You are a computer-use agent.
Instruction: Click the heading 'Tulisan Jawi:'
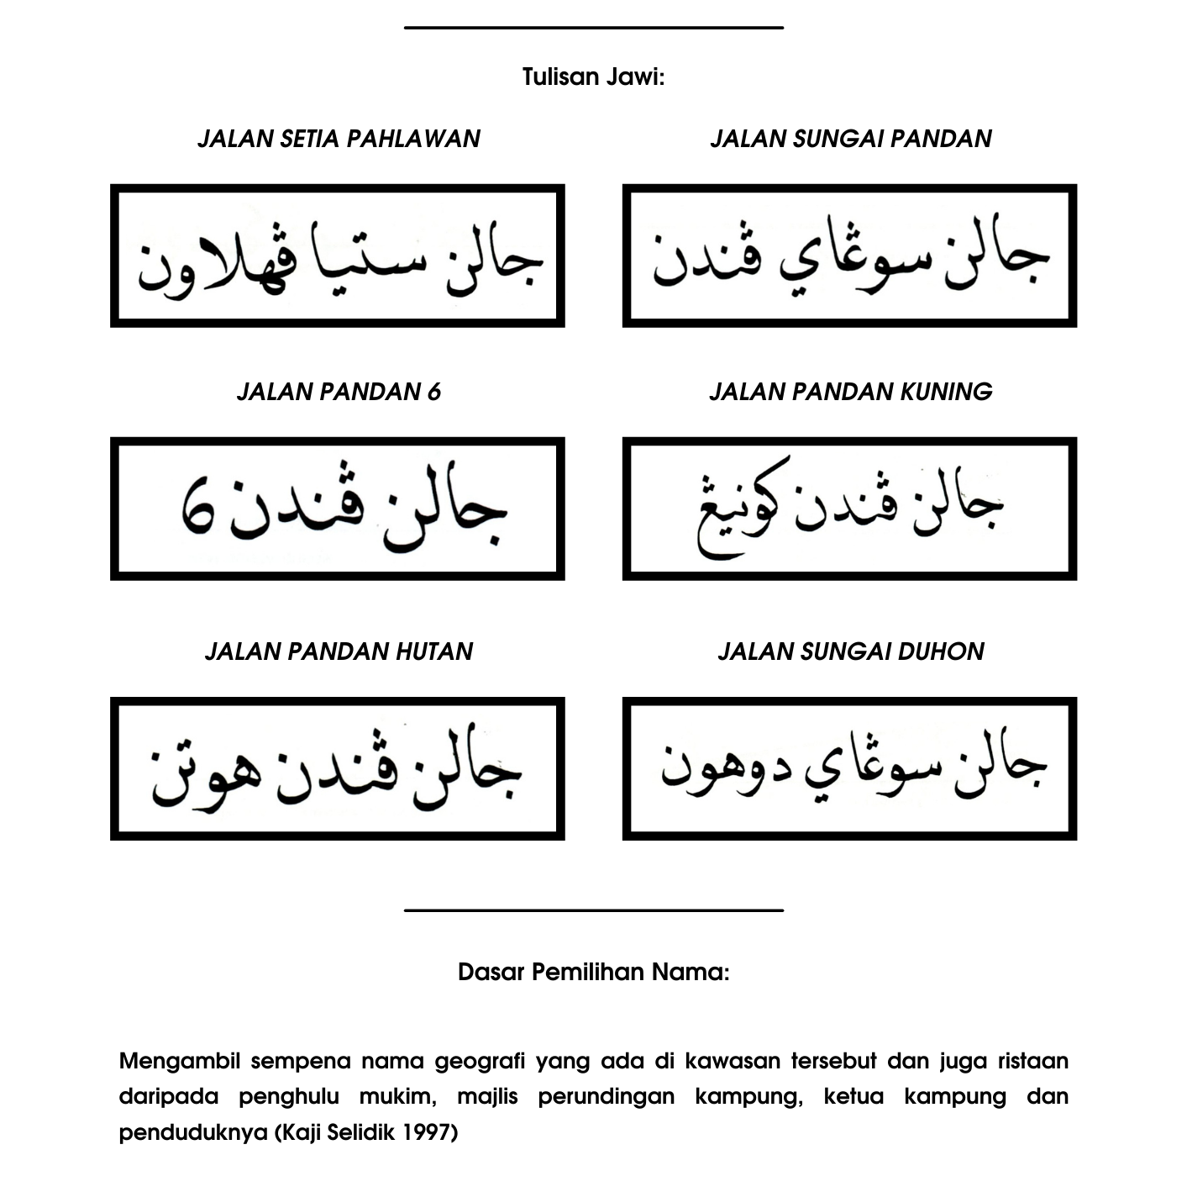[x=593, y=77]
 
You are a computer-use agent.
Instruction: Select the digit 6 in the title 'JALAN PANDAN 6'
[x=433, y=392]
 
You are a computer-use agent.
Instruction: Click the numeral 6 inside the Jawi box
[x=198, y=506]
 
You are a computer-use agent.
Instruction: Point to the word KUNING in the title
[x=946, y=392]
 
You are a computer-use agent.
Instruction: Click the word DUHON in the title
[x=944, y=651]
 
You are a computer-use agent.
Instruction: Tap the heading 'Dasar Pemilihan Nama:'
[x=593, y=973]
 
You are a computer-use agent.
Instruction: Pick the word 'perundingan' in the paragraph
[x=606, y=1096]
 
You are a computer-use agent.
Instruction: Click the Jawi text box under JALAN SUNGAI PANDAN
[x=849, y=256]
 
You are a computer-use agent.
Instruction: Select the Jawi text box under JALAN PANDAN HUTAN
[x=337, y=768]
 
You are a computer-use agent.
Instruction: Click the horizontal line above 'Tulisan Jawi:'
[x=593, y=28]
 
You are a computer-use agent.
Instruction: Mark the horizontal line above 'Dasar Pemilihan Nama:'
[x=593, y=910]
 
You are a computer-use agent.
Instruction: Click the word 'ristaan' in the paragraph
[x=1032, y=1061]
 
